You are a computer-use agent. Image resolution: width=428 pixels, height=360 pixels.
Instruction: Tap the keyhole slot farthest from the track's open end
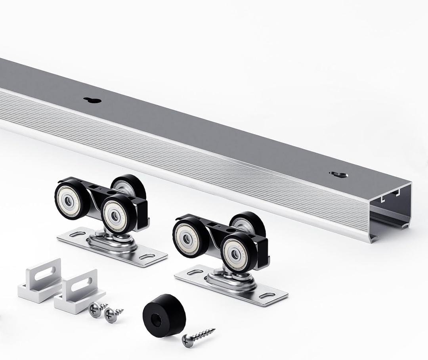tap(92, 100)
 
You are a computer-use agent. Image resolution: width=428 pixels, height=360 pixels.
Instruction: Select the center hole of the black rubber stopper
tap(157, 319)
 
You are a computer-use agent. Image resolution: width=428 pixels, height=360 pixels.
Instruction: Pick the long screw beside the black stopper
tap(198, 336)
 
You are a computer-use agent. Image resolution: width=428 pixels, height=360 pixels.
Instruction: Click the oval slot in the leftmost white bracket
tap(47, 273)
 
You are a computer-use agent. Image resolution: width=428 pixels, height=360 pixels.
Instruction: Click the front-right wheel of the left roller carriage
tap(115, 214)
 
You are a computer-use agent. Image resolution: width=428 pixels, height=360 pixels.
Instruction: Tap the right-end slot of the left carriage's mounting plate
tap(147, 257)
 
